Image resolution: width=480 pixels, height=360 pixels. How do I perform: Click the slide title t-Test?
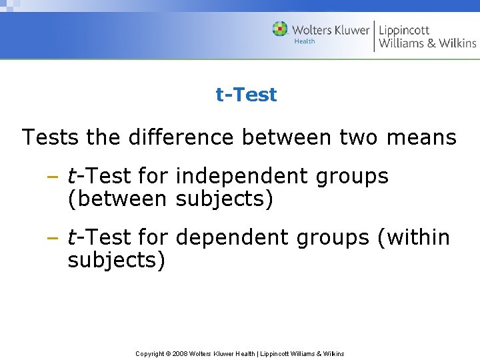(246, 95)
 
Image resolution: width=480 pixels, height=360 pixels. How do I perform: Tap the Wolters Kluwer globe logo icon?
(280, 29)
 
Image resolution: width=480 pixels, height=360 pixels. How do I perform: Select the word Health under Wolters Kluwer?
(304, 41)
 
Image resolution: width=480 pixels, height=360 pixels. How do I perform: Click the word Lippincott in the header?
(404, 30)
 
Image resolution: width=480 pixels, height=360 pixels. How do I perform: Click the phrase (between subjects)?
(170, 199)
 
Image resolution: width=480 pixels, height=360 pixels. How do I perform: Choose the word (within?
(413, 237)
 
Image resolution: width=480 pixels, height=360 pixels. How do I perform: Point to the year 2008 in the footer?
(179, 353)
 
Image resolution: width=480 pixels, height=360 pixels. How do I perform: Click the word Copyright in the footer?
(150, 353)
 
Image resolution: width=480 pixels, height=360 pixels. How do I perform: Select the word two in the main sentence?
(358, 137)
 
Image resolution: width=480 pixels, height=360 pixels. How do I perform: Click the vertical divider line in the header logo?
(374, 36)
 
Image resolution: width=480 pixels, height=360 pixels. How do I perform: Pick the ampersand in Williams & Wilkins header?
(427, 44)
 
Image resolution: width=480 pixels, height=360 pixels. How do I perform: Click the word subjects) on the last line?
(116, 259)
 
